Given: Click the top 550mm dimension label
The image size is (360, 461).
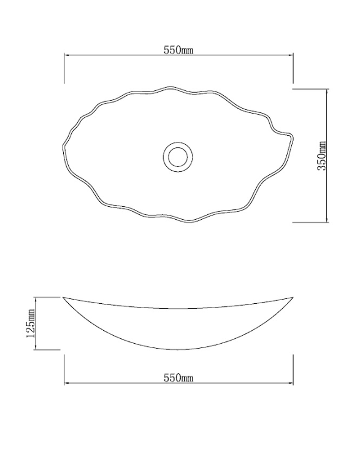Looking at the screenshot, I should [x=178, y=50].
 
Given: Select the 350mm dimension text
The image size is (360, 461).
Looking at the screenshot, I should [x=322, y=156].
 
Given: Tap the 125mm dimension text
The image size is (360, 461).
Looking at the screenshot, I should [x=31, y=324].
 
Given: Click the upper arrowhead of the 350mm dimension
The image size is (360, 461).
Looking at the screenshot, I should [x=328, y=90].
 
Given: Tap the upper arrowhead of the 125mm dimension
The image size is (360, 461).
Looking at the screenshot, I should [x=37, y=300].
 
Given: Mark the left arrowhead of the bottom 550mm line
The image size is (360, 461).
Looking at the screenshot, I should [x=67, y=384].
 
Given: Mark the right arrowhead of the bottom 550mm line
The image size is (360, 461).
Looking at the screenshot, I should [x=291, y=384].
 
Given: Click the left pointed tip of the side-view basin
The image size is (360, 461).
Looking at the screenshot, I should [x=64, y=298].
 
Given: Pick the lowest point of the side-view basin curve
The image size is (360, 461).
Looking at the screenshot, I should [x=178, y=349].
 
